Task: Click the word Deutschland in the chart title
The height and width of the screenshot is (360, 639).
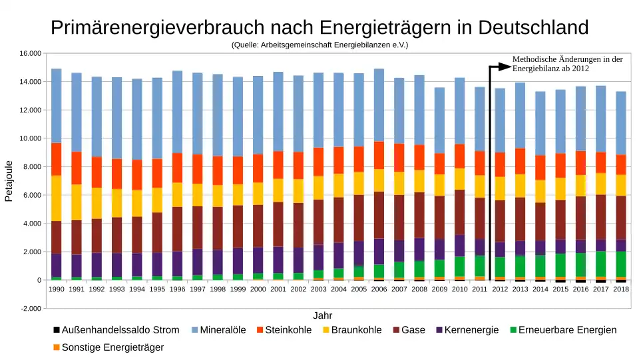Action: (533, 28)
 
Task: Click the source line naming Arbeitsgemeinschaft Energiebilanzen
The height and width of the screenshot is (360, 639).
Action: (319, 45)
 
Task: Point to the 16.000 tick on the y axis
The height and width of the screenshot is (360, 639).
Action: (29, 53)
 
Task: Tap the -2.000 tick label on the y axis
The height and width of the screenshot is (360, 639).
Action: (30, 309)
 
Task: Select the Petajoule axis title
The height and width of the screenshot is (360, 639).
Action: (9, 181)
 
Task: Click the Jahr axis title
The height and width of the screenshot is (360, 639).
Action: (323, 315)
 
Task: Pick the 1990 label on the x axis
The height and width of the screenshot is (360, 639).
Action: (57, 289)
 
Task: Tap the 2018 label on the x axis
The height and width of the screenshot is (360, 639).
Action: (621, 289)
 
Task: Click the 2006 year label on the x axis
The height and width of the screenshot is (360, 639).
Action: (379, 289)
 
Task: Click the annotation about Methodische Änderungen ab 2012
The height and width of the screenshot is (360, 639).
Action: (567, 64)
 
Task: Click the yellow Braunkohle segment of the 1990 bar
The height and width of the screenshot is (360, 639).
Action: (57, 198)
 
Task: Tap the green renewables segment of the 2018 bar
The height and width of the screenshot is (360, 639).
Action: (621, 264)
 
